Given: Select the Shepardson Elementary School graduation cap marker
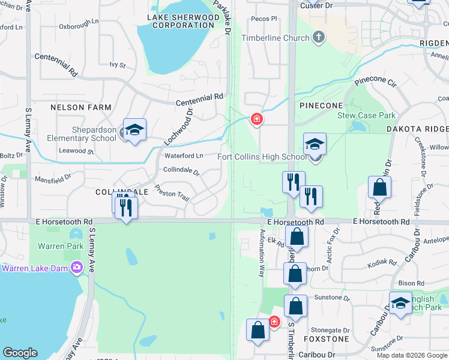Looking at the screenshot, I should click(134, 130).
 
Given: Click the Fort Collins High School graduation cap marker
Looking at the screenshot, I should click(315, 145).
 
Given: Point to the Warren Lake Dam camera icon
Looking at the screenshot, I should click(76, 268).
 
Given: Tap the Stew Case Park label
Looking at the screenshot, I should click(367, 115).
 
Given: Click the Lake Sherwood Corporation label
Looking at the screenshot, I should click(183, 21).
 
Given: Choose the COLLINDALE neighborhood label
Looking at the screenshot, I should click(121, 191).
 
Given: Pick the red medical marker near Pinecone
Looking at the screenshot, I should click(257, 119).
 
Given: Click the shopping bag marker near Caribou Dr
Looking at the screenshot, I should click(258, 331).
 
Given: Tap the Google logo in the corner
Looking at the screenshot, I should click(20, 353).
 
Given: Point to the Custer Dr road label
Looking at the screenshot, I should click(316, 5).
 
